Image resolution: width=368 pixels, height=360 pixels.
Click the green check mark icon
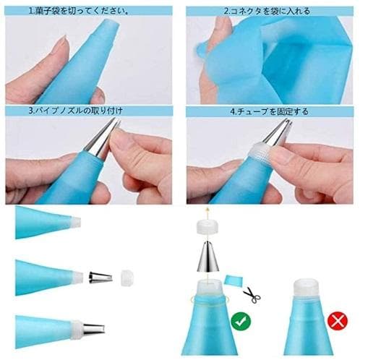point(241,321)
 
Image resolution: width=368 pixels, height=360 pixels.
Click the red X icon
point(338,320)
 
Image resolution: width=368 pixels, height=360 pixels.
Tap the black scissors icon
point(252,295)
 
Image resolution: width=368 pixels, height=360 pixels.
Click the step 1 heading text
point(78,11)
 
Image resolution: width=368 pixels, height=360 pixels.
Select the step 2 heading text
point(267,11)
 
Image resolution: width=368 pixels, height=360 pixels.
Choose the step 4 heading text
point(269,111)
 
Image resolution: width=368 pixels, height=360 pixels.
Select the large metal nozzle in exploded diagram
point(207,256)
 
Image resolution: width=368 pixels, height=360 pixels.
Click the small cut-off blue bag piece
point(234,280)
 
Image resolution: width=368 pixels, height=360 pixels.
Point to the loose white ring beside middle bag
point(127,278)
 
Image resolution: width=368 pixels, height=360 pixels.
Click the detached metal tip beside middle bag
point(100,278)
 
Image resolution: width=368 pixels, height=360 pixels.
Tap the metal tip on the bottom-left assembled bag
point(94,329)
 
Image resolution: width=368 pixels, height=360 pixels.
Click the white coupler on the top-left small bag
point(75,222)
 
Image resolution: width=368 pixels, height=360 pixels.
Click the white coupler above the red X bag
point(306,288)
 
